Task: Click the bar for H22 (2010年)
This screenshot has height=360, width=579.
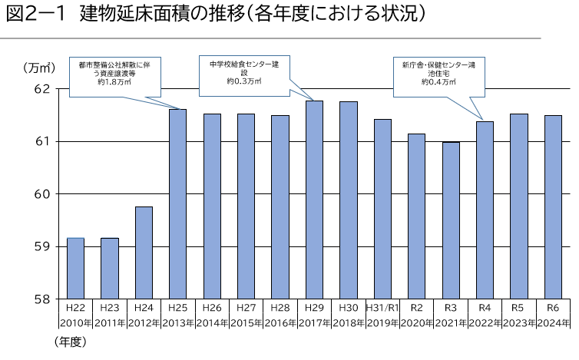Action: coord(75,269)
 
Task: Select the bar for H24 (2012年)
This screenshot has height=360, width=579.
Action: coord(144,253)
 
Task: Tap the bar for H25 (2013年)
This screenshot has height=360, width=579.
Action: coord(177,204)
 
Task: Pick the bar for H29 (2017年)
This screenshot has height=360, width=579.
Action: coord(313,200)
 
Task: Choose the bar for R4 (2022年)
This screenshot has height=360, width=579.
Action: coord(484,210)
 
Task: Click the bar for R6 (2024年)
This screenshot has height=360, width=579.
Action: coord(552,207)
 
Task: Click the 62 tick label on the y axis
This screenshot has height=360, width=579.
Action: coord(42,89)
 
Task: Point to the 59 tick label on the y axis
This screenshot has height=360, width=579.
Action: coord(42,246)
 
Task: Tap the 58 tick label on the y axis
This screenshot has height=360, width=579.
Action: coord(42,299)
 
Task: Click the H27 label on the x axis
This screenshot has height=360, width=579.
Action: coord(246,307)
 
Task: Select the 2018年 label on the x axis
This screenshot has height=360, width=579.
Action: coord(348,321)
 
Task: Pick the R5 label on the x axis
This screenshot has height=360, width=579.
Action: coord(518,307)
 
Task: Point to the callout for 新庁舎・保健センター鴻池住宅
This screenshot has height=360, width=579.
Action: coord(438,74)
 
